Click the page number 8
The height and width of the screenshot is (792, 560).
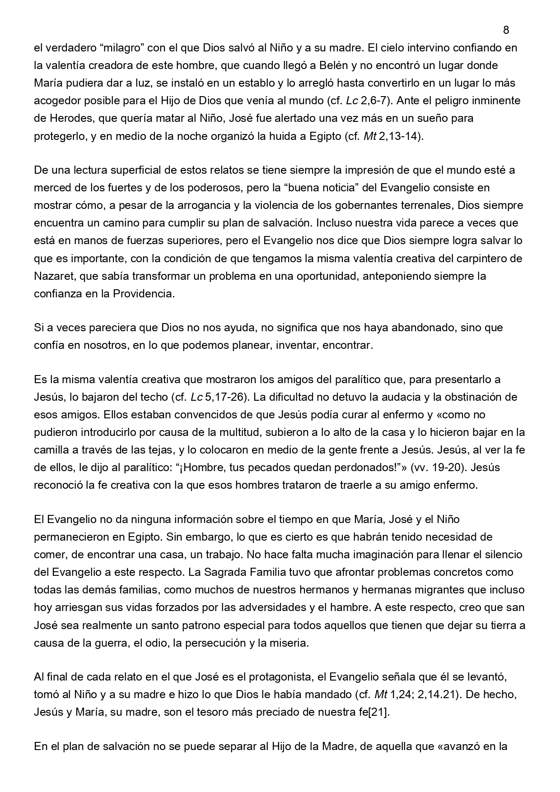(506, 30)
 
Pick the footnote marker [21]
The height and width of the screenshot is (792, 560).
(379, 712)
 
